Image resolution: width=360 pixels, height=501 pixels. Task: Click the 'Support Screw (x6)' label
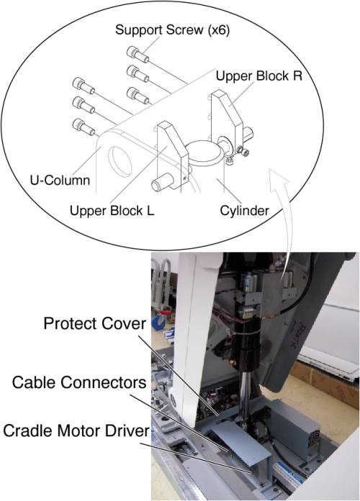coord(172,30)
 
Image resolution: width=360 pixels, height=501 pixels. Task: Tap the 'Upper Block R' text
coord(258,76)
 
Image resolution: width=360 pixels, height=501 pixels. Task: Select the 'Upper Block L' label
coord(112,211)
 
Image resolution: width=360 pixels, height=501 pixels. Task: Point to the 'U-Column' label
coord(60,181)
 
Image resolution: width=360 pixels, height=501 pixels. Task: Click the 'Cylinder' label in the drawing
coord(244,211)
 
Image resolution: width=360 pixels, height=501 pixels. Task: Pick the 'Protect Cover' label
coord(94,323)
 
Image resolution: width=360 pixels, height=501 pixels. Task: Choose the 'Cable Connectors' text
coord(79,382)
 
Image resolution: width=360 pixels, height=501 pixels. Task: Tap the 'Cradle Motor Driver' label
coord(76,430)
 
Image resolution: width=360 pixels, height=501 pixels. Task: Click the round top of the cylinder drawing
coord(204,153)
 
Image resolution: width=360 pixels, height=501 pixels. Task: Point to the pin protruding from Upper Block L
coord(162,183)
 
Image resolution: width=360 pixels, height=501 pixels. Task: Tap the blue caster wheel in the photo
coord(159,322)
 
